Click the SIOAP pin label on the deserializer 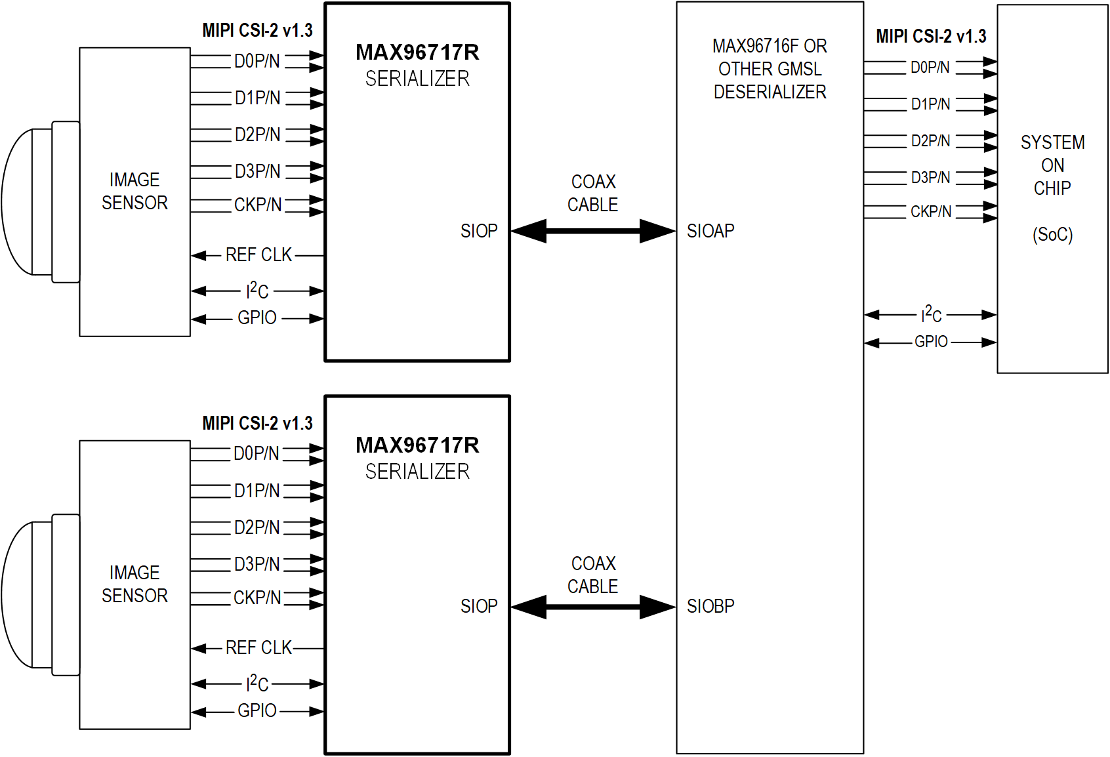[x=710, y=231]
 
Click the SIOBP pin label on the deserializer [x=710, y=606]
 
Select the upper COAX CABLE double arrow [x=593, y=231]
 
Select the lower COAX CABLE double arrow [x=593, y=607]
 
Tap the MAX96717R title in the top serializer [x=417, y=52]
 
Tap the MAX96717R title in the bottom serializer [x=417, y=445]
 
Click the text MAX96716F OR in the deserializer [x=770, y=46]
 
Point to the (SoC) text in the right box [x=1052, y=234]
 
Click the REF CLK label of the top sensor [x=258, y=255]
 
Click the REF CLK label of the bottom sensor [x=258, y=647]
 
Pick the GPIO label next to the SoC [x=931, y=342]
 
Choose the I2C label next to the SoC [x=931, y=315]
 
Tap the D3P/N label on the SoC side [x=930, y=178]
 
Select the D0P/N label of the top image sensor [x=257, y=61]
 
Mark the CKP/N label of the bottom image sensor [x=257, y=598]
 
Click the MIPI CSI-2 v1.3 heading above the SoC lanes [x=931, y=37]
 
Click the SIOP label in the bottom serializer [x=478, y=606]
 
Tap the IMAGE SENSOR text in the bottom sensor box [x=134, y=584]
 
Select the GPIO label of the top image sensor [x=257, y=317]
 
